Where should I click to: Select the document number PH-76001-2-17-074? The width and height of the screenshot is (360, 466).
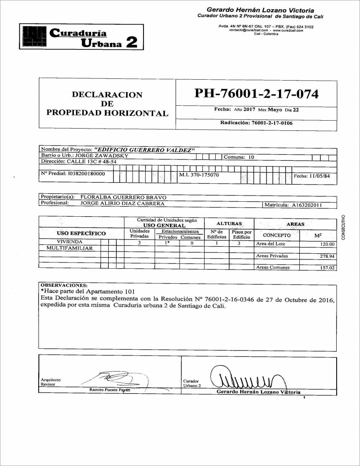[x=256, y=94]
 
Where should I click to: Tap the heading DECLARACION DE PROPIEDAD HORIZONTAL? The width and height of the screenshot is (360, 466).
[x=107, y=104]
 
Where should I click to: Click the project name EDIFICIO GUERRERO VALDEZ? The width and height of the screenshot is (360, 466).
[x=148, y=150]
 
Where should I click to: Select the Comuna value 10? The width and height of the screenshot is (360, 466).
[x=251, y=156]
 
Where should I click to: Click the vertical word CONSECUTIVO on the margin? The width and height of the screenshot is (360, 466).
[x=349, y=225]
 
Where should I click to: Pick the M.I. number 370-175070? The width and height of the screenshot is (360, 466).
[x=199, y=175]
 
